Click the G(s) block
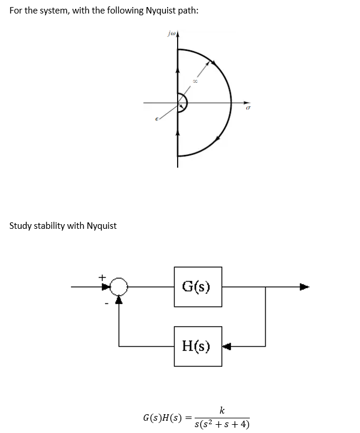198,287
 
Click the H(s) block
198,346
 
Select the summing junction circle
120,287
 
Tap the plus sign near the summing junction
102,275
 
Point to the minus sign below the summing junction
106,303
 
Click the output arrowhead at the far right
304,287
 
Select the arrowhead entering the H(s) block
227,346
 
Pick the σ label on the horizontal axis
249,109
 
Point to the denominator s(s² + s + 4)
222,424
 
